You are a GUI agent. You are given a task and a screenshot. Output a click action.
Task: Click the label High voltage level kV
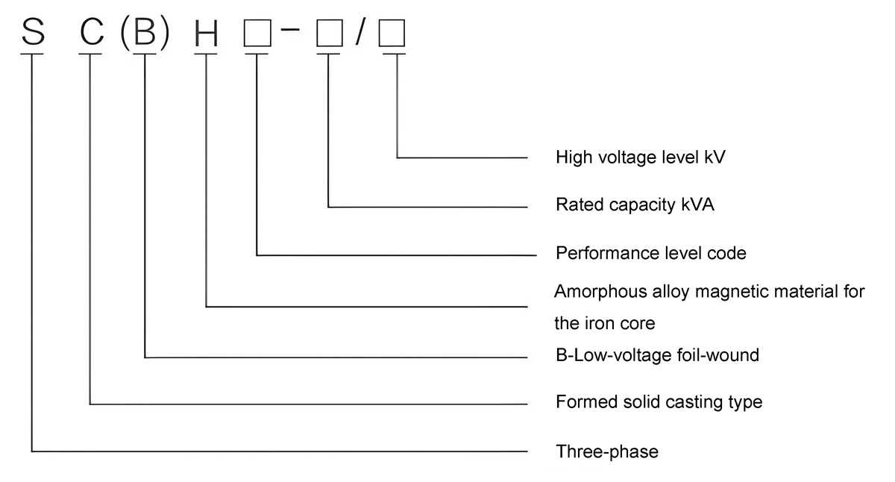tap(641, 157)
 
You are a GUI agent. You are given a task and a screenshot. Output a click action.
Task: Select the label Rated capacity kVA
tap(635, 204)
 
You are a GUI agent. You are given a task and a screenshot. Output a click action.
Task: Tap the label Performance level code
tap(650, 253)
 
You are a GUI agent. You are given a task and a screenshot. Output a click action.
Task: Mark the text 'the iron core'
tap(604, 324)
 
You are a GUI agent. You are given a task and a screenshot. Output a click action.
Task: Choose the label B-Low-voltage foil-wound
tap(657, 355)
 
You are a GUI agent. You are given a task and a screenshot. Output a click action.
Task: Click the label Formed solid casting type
tap(659, 402)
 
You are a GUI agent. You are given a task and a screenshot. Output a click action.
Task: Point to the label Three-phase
tap(607, 451)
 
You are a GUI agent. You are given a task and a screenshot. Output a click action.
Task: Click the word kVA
tap(697, 204)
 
